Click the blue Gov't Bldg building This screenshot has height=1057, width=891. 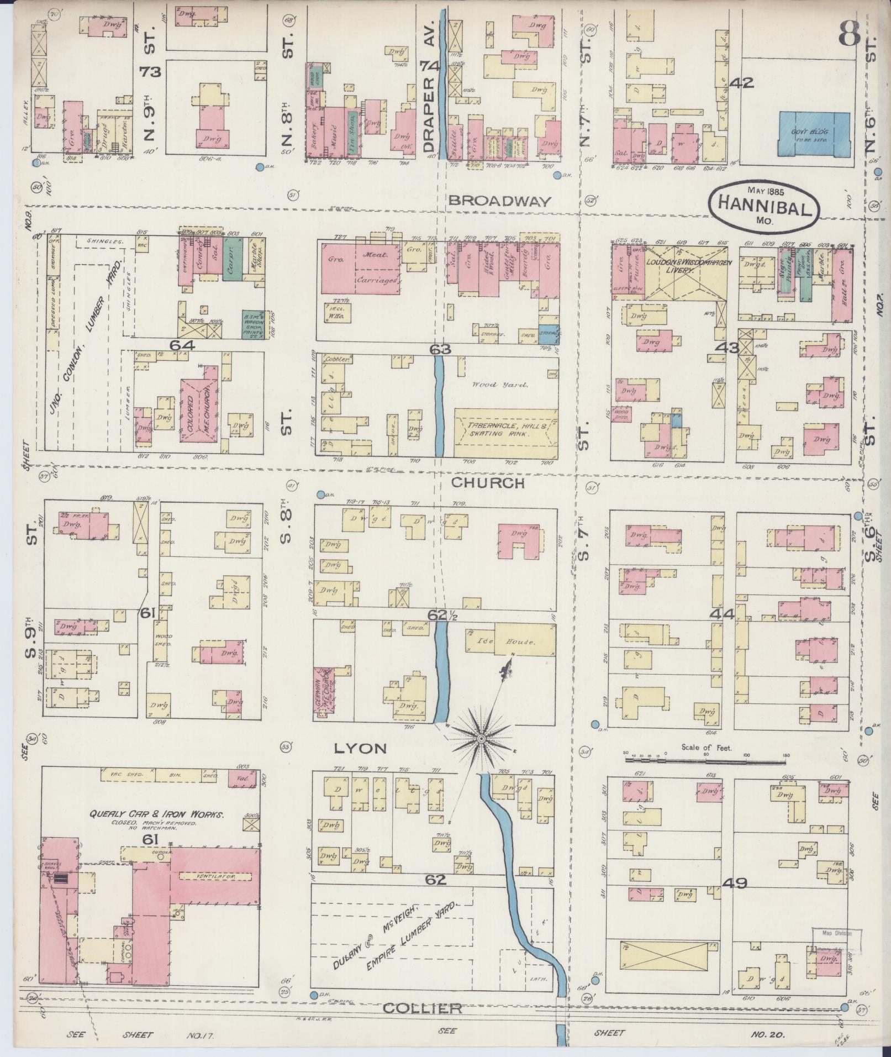pos(814,137)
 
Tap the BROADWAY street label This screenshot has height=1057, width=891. pos(499,201)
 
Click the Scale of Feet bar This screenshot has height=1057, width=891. pos(706,761)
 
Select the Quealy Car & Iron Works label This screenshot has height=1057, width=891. pos(157,814)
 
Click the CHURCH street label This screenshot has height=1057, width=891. pos(487,483)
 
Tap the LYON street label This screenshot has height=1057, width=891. pos(359,748)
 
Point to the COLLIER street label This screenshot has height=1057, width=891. pos(423,1008)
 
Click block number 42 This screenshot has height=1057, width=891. pos(741,83)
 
